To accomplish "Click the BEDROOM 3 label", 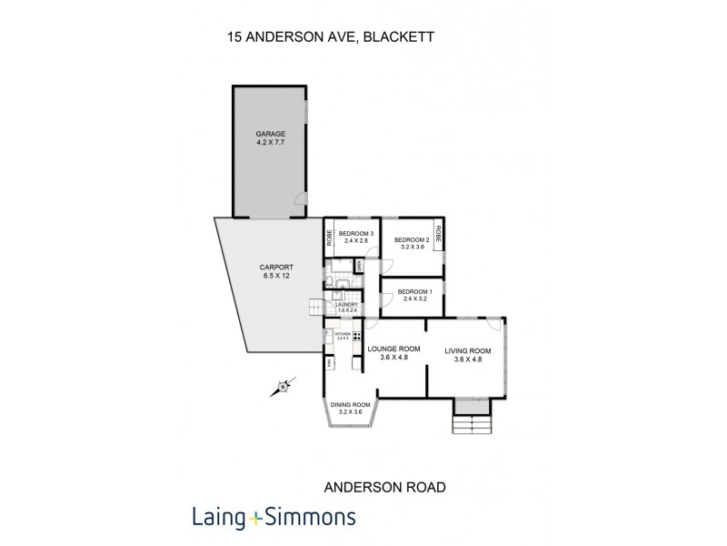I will point(356,234).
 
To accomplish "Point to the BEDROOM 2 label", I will point(410,240).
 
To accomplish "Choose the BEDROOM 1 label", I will point(413,291).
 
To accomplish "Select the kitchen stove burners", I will point(358,336).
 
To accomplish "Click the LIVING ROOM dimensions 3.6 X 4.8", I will point(468,359).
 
